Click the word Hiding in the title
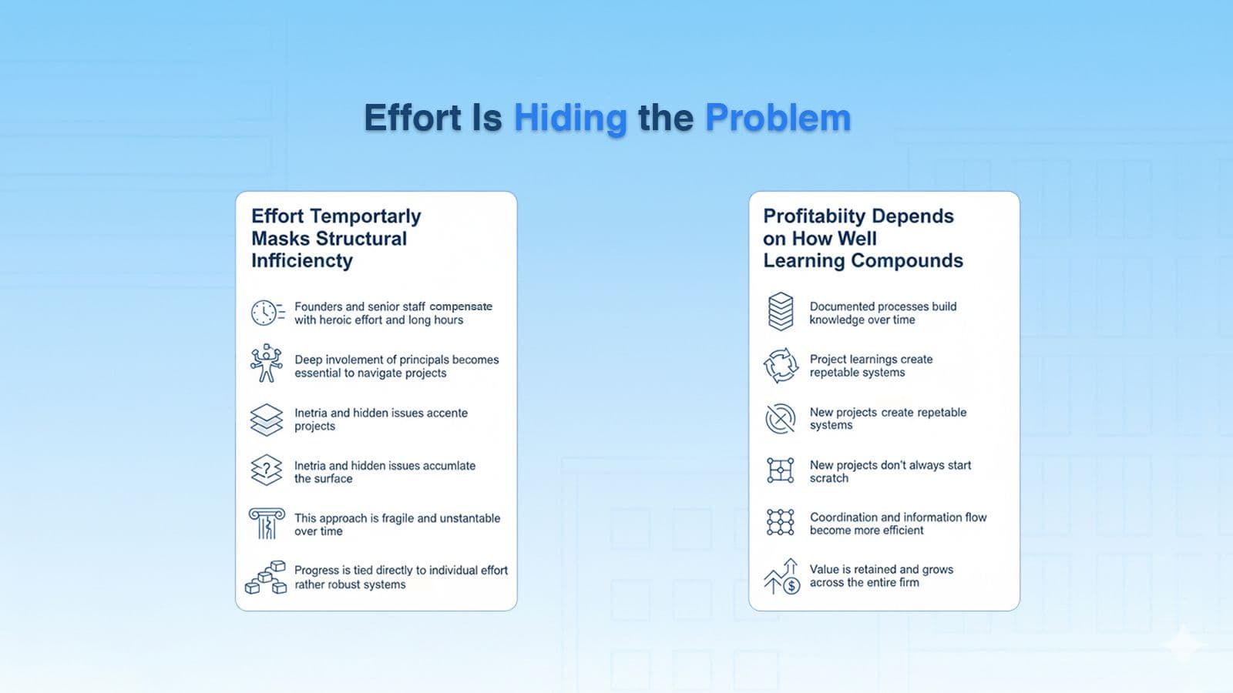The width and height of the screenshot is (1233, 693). pyautogui.click(x=570, y=118)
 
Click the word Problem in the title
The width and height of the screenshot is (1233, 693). pyautogui.click(x=778, y=118)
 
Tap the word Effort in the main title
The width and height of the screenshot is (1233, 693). pyautogui.click(x=412, y=118)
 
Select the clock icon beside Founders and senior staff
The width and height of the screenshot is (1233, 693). pyautogui.click(x=267, y=313)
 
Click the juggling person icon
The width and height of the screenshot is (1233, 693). pyautogui.click(x=267, y=363)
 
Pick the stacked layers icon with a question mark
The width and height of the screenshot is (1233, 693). pyautogui.click(x=267, y=470)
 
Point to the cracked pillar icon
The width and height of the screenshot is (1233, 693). pyautogui.click(x=267, y=523)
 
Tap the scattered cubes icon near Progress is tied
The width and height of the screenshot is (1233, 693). pyautogui.click(x=266, y=577)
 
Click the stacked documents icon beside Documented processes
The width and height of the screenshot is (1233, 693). pyautogui.click(x=781, y=311)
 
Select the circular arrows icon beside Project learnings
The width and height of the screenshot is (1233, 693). pyautogui.click(x=781, y=365)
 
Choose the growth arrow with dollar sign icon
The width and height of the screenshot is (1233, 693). pyautogui.click(x=782, y=577)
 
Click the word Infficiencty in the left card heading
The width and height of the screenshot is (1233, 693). pyautogui.click(x=301, y=261)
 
